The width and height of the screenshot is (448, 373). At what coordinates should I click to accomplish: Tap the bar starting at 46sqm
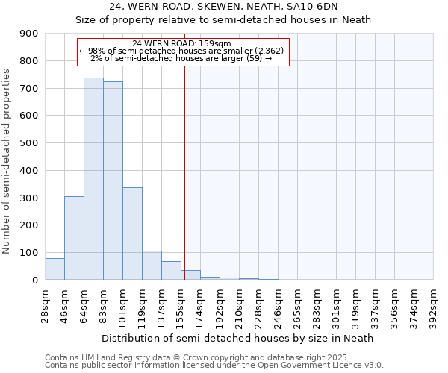[74, 238]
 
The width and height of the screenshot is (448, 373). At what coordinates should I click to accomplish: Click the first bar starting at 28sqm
[55, 269]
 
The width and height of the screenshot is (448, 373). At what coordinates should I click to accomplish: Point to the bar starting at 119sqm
[152, 266]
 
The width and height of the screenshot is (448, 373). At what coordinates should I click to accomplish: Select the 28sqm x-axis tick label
[46, 304]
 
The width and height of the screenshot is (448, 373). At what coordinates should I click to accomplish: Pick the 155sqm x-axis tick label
[181, 304]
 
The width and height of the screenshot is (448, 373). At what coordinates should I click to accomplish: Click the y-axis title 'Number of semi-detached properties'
[7, 161]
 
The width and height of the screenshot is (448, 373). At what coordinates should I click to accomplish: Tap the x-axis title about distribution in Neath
[237, 338]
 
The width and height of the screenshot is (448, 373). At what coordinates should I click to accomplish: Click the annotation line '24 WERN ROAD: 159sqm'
[182, 43]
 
